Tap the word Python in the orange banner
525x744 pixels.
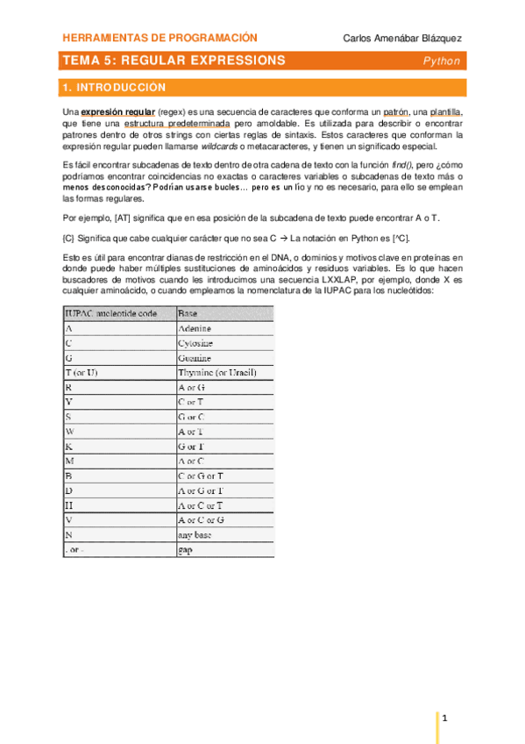pyautogui.click(x=441, y=61)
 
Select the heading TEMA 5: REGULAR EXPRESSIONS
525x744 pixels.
pyautogui.click(x=174, y=61)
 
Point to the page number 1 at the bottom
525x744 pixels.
pyautogui.click(x=445, y=719)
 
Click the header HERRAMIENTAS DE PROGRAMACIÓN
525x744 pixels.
pyautogui.click(x=160, y=38)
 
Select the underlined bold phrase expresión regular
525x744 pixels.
pyautogui.click(x=118, y=113)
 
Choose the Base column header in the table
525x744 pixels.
pyautogui.click(x=188, y=312)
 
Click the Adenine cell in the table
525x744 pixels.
pyautogui.click(x=195, y=328)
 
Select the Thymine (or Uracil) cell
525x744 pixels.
pyautogui.click(x=216, y=374)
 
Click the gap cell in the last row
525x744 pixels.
pyautogui.click(x=186, y=550)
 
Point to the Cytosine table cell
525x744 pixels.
pyautogui.click(x=195, y=343)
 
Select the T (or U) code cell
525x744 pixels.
pyautogui.click(x=82, y=374)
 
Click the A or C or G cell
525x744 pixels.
pyautogui.click(x=202, y=519)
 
